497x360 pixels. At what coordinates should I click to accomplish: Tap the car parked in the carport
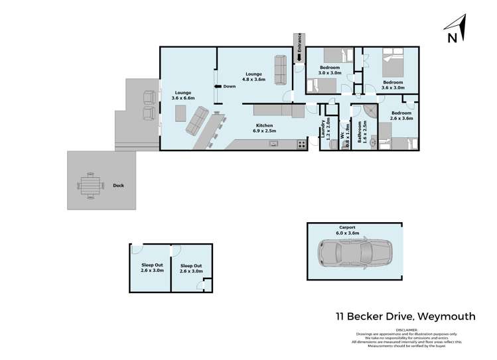pos(354,252)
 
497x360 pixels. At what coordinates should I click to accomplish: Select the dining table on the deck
pos(90,185)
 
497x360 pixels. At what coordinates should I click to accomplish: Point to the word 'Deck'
pos(119,186)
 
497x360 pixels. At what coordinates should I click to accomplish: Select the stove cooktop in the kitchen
pos(301,144)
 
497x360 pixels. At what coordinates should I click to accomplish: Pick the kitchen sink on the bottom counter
pos(273,144)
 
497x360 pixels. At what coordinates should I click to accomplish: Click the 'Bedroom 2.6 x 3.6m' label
pos(401,116)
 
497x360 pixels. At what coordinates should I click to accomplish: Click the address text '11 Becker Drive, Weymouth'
pos(404,317)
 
